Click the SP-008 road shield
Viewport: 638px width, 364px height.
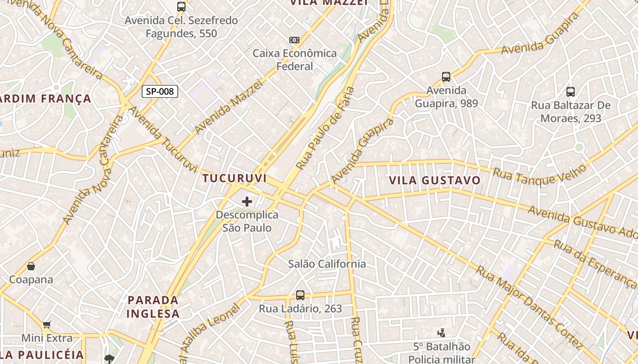click(x=159, y=91)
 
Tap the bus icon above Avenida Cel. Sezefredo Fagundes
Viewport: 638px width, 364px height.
click(x=181, y=7)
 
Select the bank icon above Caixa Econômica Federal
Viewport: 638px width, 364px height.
click(x=294, y=40)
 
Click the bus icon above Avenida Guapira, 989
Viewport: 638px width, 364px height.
click(x=446, y=77)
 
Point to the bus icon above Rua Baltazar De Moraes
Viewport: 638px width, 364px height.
click(x=571, y=92)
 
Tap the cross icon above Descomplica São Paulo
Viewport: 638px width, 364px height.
click(x=247, y=201)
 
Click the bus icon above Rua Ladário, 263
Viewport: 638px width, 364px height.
click(x=300, y=295)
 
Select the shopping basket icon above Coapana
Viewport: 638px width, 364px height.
click(x=31, y=266)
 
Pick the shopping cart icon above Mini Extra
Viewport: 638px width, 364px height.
click(x=46, y=324)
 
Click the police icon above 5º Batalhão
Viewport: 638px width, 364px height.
click(x=441, y=333)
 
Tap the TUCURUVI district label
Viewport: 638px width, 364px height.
click(x=235, y=178)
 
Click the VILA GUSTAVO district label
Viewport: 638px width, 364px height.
click(x=435, y=180)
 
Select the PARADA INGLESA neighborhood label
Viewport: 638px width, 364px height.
click(x=153, y=307)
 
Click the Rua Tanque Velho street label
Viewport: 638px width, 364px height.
click(x=540, y=175)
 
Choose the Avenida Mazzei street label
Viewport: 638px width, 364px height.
click(x=229, y=107)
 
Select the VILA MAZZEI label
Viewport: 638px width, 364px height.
click(x=329, y=3)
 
